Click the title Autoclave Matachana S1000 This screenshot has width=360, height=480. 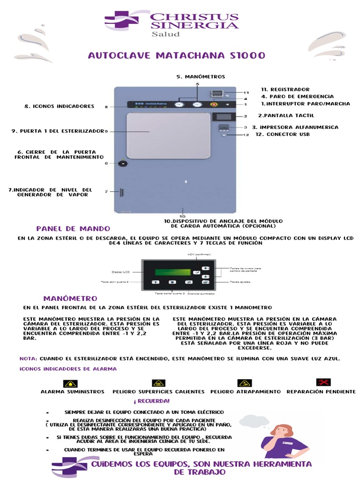click(177, 56)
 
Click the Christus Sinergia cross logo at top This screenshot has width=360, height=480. click(121, 21)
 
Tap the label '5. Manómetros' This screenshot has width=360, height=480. click(201, 76)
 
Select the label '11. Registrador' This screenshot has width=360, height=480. click(285, 89)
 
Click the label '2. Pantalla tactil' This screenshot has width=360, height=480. click(286, 115)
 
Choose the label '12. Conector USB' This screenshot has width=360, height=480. click(282, 135)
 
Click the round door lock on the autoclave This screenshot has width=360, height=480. click(123, 164)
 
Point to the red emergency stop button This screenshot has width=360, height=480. click(214, 105)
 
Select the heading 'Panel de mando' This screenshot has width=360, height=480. click(73, 229)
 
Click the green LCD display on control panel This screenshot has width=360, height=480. click(173, 272)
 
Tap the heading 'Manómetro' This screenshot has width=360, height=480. click(70, 299)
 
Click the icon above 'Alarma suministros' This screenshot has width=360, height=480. click(71, 383)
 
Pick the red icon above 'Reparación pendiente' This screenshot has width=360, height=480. click(323, 382)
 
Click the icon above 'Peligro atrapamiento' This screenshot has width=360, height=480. click(245, 383)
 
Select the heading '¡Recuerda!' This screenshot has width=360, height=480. click(151, 401)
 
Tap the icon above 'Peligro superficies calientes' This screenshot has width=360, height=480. click(158, 383)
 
